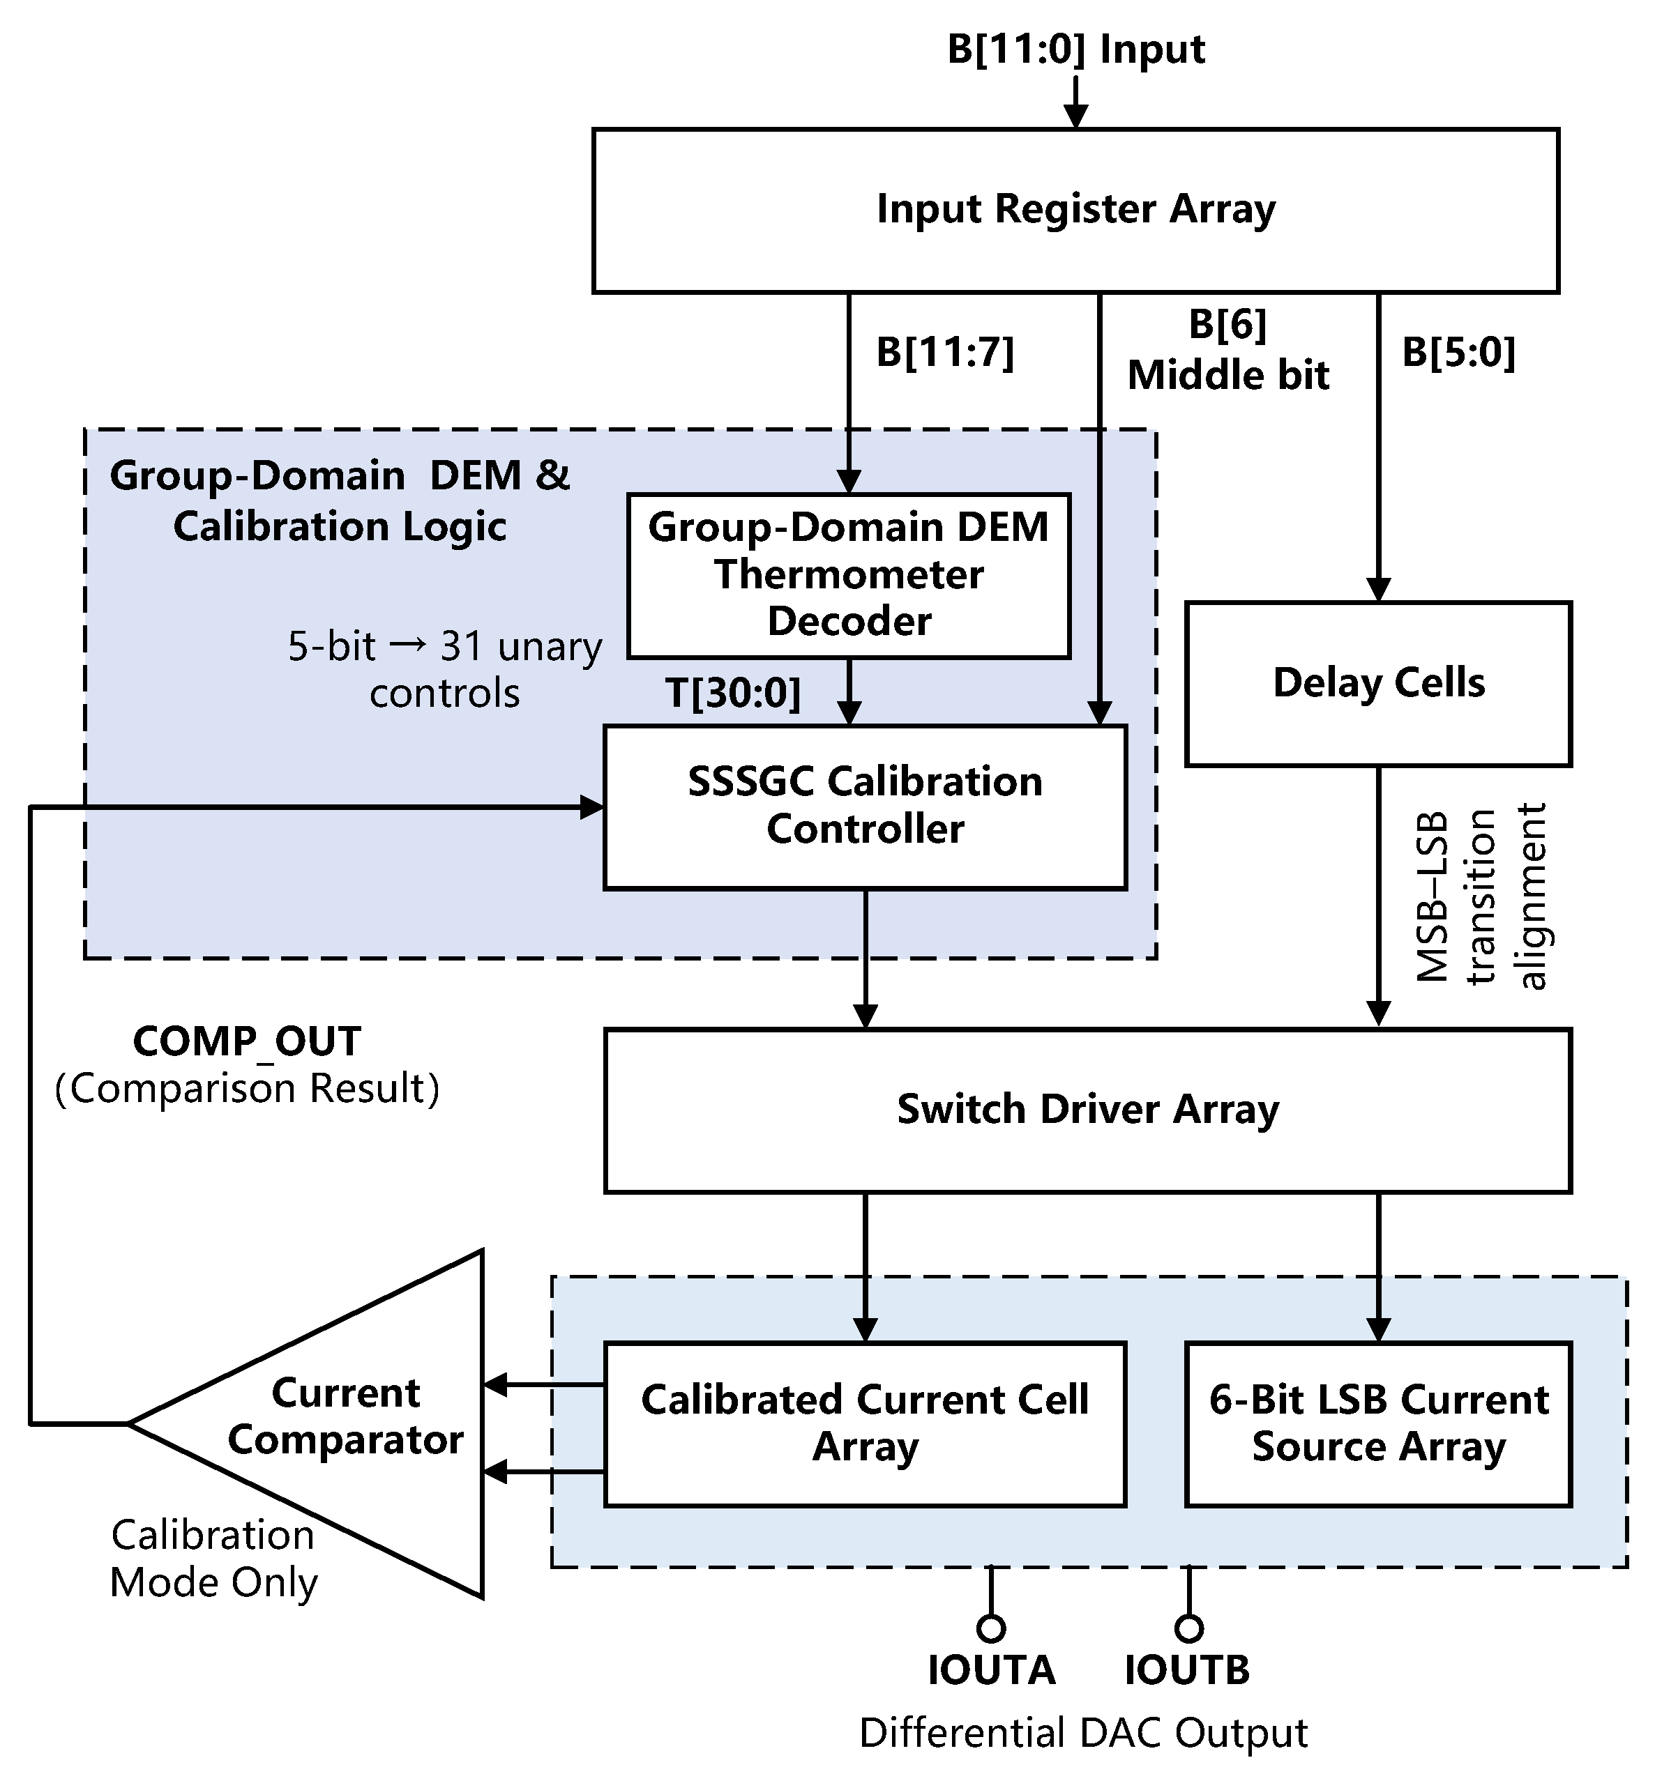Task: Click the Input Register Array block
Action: pos(1075,211)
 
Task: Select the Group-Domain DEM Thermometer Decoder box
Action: pos(848,576)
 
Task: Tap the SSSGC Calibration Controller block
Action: pos(864,806)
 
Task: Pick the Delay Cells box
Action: pos(1377,684)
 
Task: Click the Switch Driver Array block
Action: pos(1087,1110)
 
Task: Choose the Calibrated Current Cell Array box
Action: pos(864,1423)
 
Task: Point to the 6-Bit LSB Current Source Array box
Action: pos(1377,1423)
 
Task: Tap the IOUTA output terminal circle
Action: pos(991,1628)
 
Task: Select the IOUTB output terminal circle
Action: pos(1188,1628)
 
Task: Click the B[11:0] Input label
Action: pos(1075,48)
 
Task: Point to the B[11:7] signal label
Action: pos(944,353)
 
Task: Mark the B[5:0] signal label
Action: pos(1458,353)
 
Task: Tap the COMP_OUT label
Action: pos(246,1041)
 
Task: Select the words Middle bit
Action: pos(1227,375)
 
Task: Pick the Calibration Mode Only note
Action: pos(213,1558)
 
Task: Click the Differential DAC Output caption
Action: pos(1083,1733)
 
